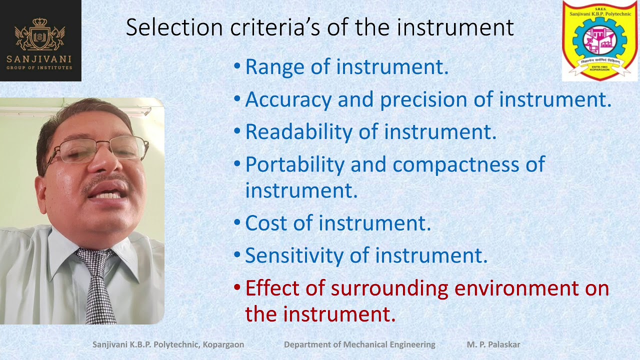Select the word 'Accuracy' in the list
(288, 100)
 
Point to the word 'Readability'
(298, 132)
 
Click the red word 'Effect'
(272, 288)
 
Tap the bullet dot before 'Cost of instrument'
(237, 223)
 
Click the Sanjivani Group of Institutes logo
(40, 40)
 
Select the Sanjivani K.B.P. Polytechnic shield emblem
(599, 40)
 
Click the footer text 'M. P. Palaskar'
(493, 344)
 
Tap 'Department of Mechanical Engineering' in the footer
(359, 344)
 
